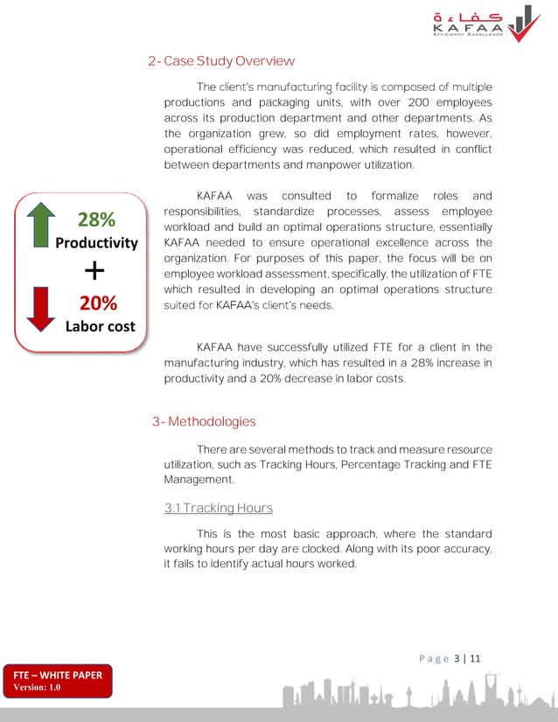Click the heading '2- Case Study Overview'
[221, 61]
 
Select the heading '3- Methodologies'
[204, 421]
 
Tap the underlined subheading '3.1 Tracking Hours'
[219, 508]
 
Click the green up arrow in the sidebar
[40, 225]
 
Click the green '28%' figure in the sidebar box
[97, 219]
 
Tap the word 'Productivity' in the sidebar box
[96, 243]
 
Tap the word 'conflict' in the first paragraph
[471, 149]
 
